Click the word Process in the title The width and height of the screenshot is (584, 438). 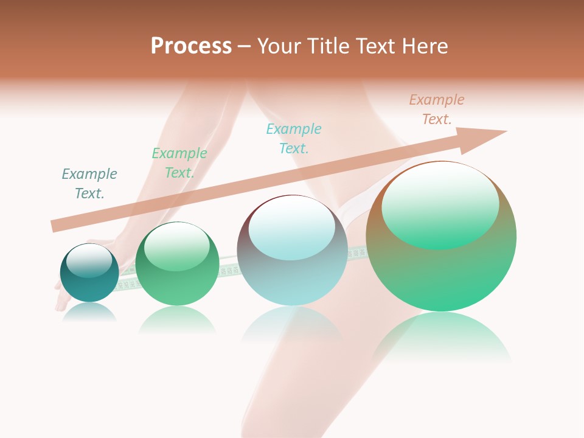(x=191, y=46)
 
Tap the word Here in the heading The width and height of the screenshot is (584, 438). (x=425, y=46)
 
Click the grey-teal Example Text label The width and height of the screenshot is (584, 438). (x=89, y=184)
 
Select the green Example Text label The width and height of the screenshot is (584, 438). (x=179, y=163)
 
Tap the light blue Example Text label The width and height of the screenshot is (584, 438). (x=294, y=139)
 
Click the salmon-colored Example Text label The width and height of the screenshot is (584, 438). (x=437, y=109)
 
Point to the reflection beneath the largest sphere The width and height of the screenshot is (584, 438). (x=441, y=338)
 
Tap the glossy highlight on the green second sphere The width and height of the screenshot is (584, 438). (x=176, y=246)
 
